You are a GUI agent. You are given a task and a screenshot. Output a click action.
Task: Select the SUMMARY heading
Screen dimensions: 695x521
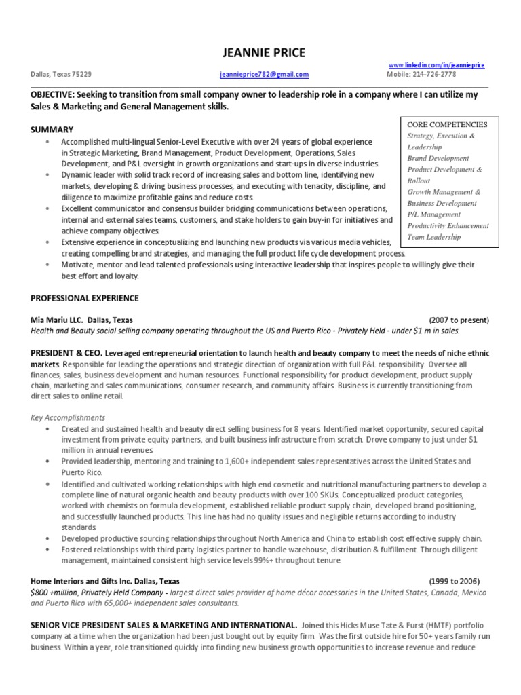coord(52,129)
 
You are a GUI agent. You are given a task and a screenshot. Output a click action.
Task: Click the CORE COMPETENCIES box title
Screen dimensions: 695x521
coord(447,125)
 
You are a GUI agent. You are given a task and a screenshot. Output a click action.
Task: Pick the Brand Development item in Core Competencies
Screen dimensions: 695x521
coord(438,158)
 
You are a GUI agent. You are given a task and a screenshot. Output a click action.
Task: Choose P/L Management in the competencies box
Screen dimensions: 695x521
coord(433,214)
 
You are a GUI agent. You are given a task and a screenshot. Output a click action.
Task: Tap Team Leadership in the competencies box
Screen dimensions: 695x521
coord(433,237)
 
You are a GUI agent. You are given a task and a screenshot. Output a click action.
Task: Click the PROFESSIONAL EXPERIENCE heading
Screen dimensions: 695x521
coord(85,298)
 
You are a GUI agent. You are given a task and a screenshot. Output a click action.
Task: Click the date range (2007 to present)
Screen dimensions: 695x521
coord(459,320)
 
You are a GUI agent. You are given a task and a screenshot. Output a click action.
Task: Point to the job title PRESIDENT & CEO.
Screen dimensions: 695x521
coord(66,354)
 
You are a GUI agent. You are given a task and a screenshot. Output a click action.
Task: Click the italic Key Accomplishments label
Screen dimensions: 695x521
coord(68,417)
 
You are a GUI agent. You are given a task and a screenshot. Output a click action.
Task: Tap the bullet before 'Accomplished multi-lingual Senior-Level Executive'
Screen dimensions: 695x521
coord(47,143)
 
